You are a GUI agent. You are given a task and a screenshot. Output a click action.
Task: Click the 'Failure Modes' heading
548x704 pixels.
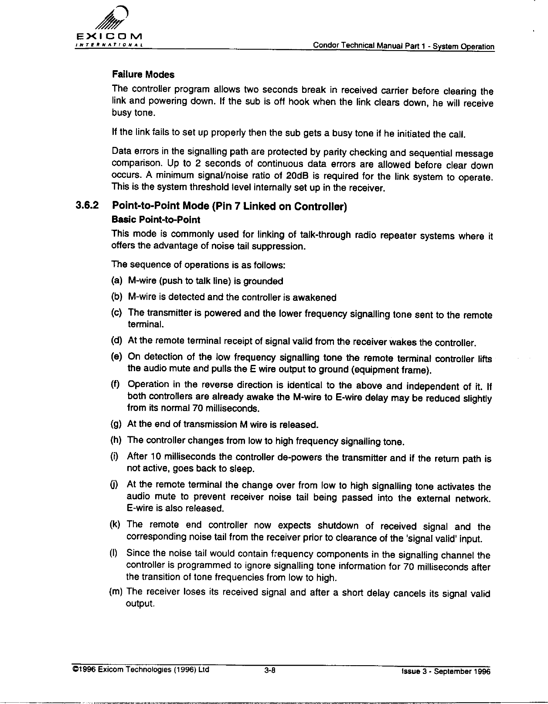(143, 75)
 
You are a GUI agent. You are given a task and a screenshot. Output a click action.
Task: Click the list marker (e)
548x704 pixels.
(116, 357)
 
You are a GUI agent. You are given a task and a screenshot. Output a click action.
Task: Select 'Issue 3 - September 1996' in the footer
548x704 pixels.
(446, 672)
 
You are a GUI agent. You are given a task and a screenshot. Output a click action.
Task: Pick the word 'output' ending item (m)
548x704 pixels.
(140, 604)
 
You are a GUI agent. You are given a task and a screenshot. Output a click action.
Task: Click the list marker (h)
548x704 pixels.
(116, 441)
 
